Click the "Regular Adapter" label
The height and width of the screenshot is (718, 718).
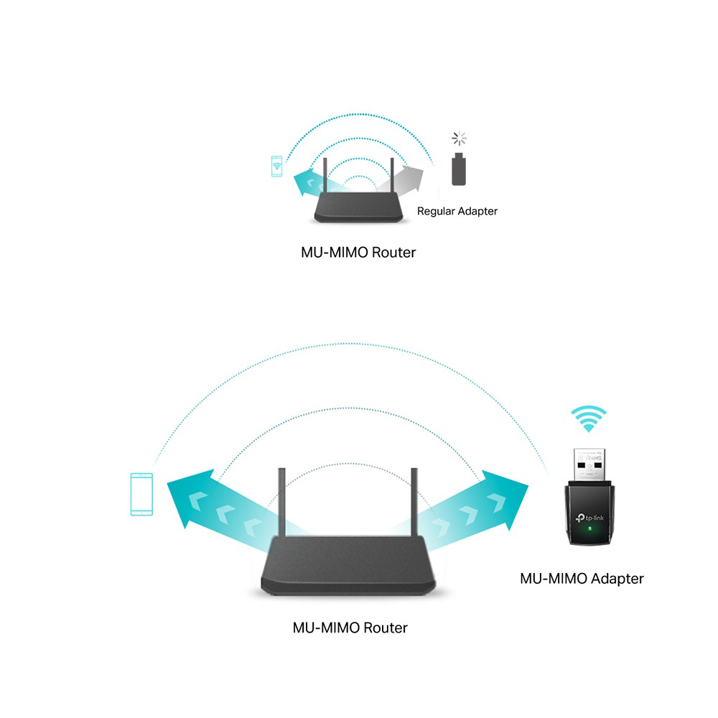pyautogui.click(x=457, y=211)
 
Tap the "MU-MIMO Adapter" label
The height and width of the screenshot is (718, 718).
pyautogui.click(x=582, y=578)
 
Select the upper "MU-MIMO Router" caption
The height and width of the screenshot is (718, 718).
pyautogui.click(x=358, y=253)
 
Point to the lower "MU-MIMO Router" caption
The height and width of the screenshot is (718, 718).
pyautogui.click(x=350, y=628)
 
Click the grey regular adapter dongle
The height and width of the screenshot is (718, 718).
pyautogui.click(x=457, y=169)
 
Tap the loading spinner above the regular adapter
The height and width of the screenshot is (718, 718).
pyautogui.click(x=458, y=139)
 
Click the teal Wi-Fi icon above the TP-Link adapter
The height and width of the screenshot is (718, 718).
pyautogui.click(x=589, y=419)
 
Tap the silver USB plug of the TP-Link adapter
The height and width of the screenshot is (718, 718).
pyautogui.click(x=588, y=464)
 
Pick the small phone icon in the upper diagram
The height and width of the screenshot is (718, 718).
pyautogui.click(x=276, y=167)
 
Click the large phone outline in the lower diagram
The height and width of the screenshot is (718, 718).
pyautogui.click(x=141, y=494)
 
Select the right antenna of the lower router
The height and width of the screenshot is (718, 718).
pyautogui.click(x=414, y=503)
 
